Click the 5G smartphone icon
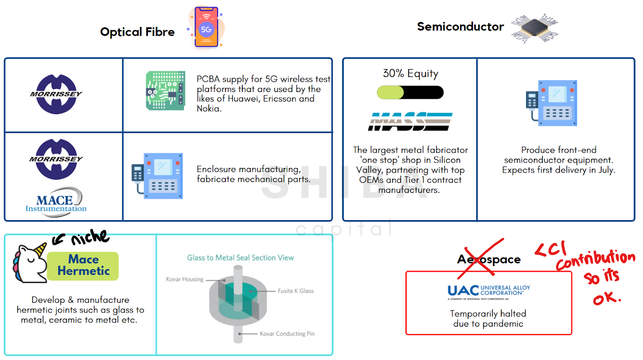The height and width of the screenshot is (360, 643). coord(207,27)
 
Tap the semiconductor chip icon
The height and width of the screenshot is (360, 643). coord(534,28)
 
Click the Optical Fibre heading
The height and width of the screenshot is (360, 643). coord(137,32)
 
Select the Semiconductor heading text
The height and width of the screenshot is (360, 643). coord(461,27)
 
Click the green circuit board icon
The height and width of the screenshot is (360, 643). coord(165,90)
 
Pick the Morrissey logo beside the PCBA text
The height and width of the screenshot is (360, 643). coord(56,94)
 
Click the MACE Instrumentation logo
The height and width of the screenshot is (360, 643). coord(56,202)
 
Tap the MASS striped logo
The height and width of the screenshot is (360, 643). coord(410,121)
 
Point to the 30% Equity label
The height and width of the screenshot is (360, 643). coord(410,74)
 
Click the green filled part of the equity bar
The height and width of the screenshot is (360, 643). coord(390,92)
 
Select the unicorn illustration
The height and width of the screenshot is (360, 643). coord(30,263)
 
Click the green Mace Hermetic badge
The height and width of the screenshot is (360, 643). coord(83,266)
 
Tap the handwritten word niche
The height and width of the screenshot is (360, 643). coord(90,237)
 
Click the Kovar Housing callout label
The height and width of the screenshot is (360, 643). coord(184,279)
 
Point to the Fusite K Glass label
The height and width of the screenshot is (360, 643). coord(296,291)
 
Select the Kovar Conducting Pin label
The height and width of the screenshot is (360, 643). coord(287,333)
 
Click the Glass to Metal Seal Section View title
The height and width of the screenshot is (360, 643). coord(241,258)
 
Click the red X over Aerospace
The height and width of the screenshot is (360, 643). coord(481,259)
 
